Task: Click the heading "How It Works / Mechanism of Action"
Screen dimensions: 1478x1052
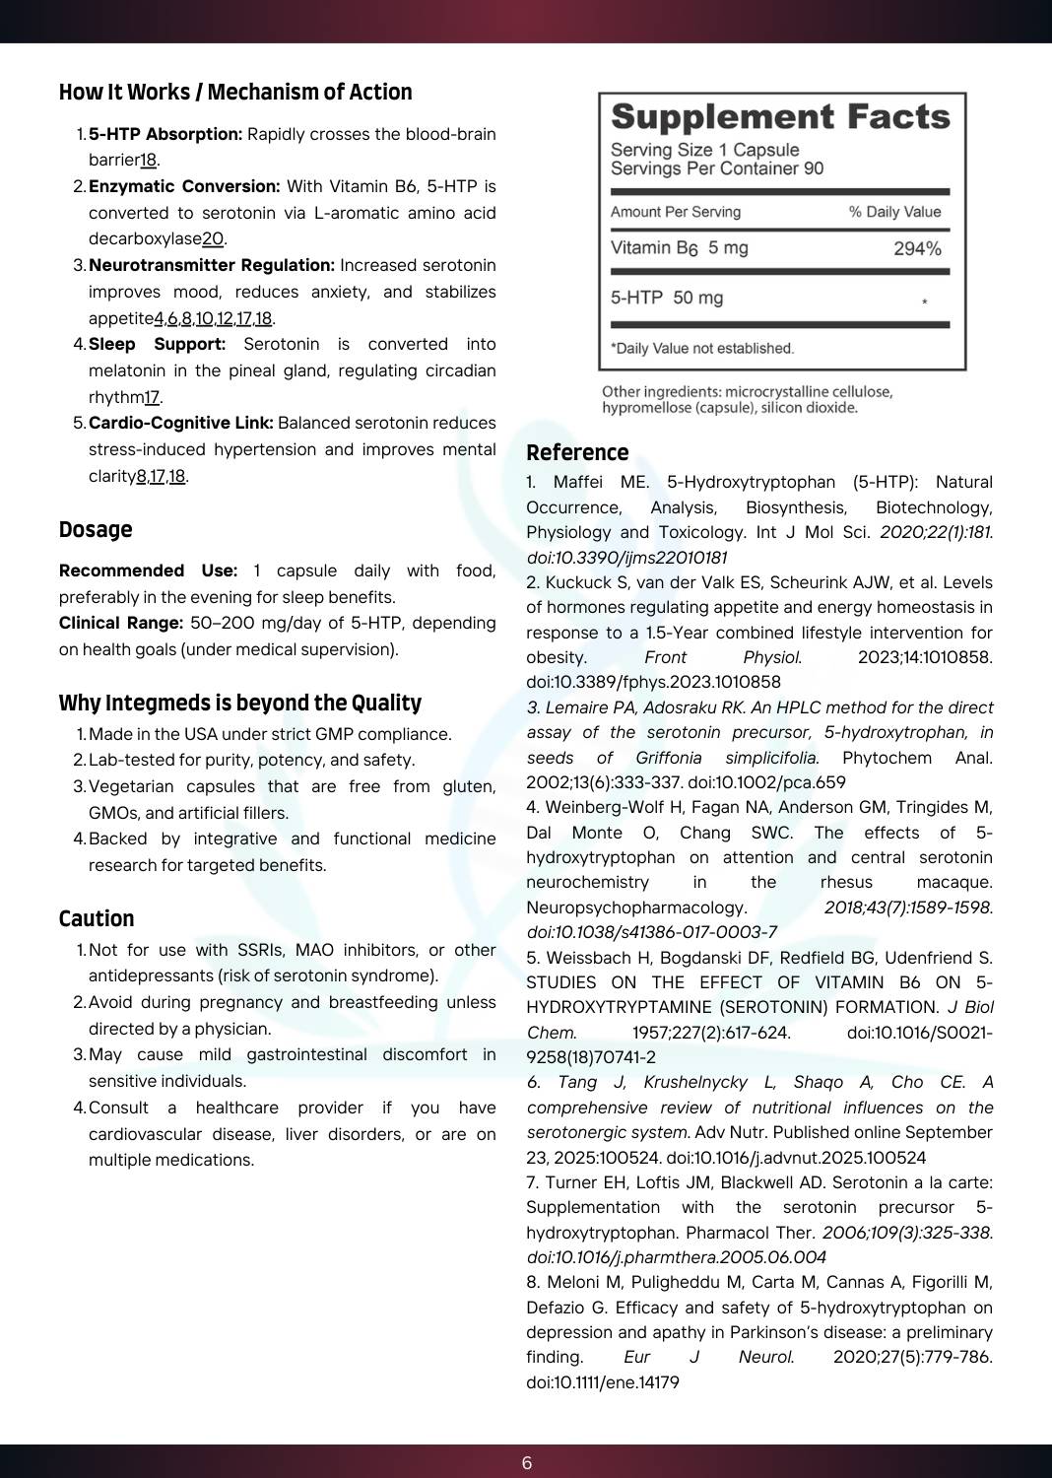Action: (x=235, y=93)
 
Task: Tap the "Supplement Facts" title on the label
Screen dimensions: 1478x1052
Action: (x=780, y=117)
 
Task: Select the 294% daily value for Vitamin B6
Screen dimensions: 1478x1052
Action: (x=917, y=249)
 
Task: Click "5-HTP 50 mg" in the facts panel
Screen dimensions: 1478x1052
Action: (x=667, y=298)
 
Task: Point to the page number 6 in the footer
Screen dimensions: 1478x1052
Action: (x=526, y=1463)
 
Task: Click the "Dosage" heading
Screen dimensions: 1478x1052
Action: (x=96, y=530)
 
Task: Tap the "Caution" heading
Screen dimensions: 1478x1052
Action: (x=97, y=919)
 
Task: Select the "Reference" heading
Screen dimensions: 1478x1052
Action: (x=577, y=453)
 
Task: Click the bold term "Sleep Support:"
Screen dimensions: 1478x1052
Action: (x=157, y=344)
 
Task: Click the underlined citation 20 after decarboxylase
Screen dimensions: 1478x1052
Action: (x=213, y=238)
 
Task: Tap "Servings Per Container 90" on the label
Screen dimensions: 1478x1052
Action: (x=717, y=168)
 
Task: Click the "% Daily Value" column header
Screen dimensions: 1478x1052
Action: (x=894, y=212)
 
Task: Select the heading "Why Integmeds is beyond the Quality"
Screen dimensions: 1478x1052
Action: (x=239, y=704)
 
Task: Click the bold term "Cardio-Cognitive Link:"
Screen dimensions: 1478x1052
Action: (x=181, y=423)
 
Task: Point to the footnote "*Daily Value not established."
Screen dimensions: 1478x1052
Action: (x=702, y=348)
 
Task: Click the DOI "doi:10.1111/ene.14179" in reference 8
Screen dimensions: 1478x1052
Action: (x=603, y=1382)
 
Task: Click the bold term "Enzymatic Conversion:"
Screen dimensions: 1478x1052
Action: (x=184, y=186)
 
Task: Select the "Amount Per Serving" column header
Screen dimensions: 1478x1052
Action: (x=676, y=212)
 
